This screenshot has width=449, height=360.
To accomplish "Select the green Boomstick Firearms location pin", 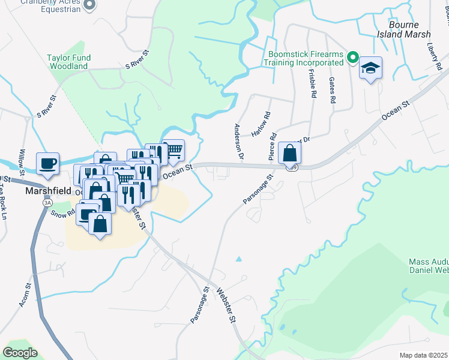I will [354, 58].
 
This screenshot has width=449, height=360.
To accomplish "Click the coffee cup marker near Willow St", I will [47, 163].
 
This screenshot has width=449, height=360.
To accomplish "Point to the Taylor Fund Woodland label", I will [71, 62].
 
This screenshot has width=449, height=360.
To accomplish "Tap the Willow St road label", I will [22, 161].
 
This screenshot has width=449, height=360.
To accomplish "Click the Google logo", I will [20, 352].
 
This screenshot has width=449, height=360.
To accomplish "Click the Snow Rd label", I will [62, 212].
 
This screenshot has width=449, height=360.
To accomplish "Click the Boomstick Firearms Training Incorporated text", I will [306, 58].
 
